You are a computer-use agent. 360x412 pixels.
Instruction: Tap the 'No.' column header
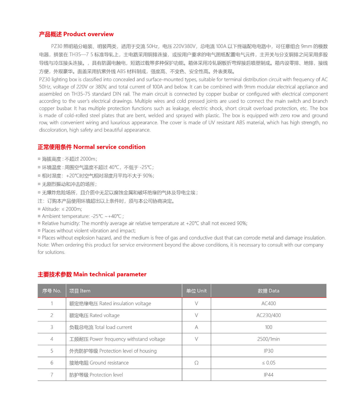(x=52, y=291)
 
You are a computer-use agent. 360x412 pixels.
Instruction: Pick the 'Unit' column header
(x=196, y=291)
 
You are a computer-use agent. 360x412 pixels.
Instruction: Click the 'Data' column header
(x=269, y=291)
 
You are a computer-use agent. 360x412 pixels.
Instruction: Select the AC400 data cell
(x=269, y=303)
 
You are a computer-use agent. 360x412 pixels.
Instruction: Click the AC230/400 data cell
(x=269, y=315)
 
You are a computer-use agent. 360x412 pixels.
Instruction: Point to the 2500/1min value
(x=269, y=339)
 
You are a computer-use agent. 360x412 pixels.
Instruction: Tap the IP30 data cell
(x=269, y=351)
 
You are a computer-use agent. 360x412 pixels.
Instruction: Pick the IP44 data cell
(x=269, y=375)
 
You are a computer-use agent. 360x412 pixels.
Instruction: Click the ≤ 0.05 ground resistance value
(x=269, y=363)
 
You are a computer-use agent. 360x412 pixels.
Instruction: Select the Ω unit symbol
(x=196, y=363)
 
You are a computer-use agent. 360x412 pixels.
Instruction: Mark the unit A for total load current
(x=196, y=327)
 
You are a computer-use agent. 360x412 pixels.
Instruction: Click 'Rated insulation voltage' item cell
(x=110, y=303)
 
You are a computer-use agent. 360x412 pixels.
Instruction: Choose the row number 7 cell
(x=52, y=375)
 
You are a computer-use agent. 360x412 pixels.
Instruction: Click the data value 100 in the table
(x=269, y=327)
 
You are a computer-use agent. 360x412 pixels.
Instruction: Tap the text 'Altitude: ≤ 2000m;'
(x=62, y=209)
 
